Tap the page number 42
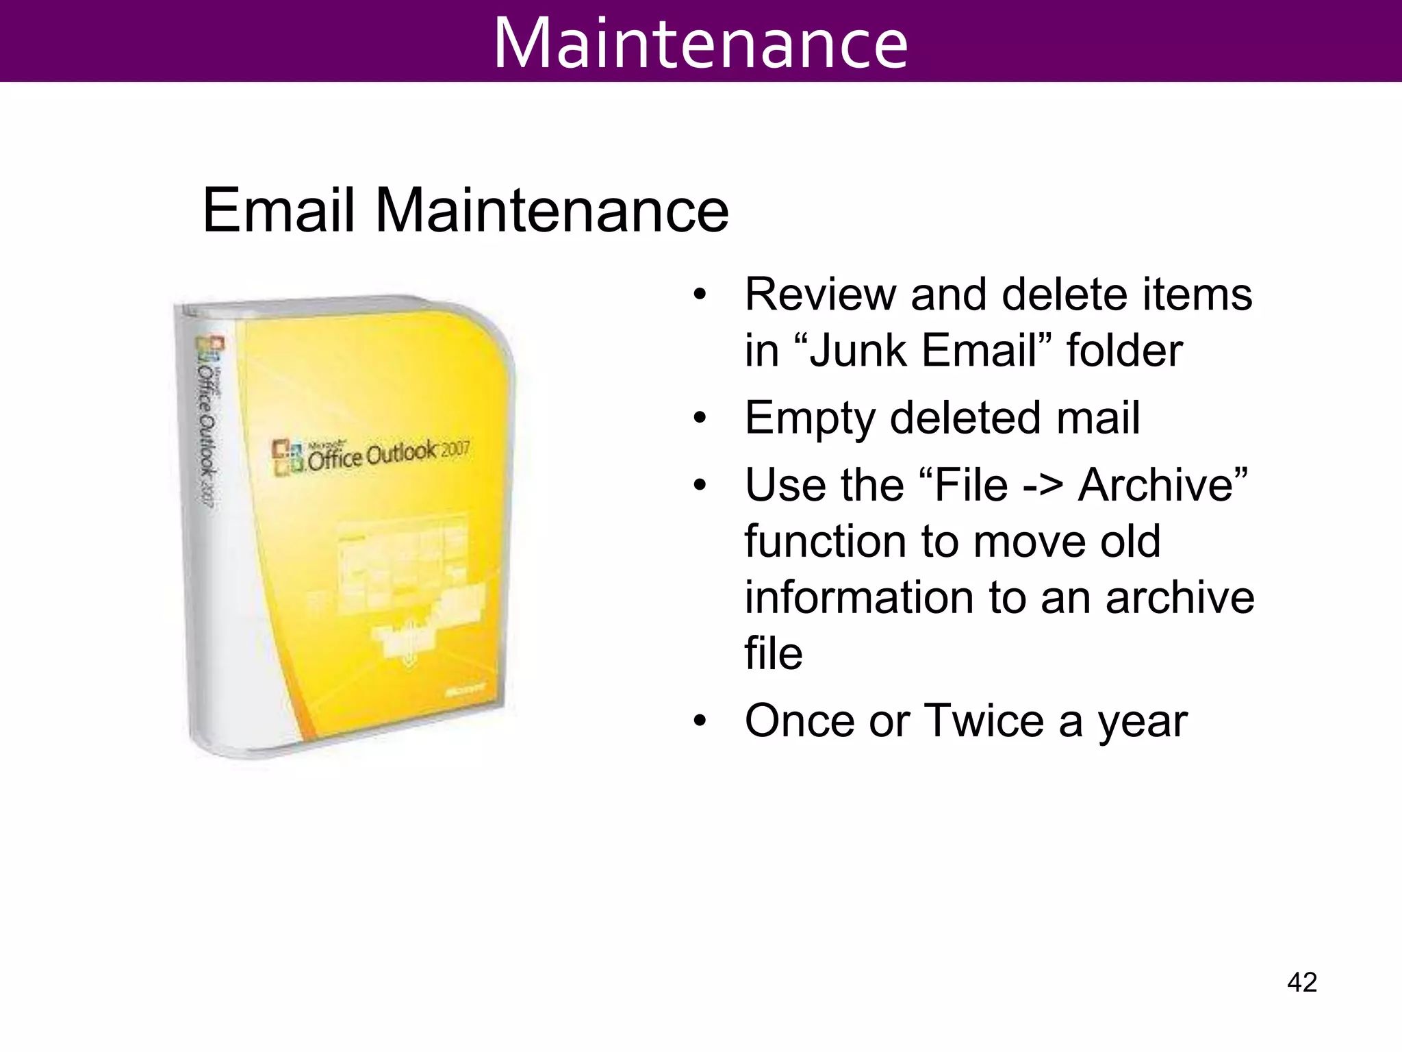click(x=1302, y=982)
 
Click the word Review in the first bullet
click(x=820, y=295)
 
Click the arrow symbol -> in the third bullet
click(x=1043, y=486)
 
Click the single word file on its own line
click(x=773, y=653)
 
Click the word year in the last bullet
click(x=1143, y=722)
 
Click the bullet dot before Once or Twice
click(x=699, y=722)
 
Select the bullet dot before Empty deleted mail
click(x=699, y=418)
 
